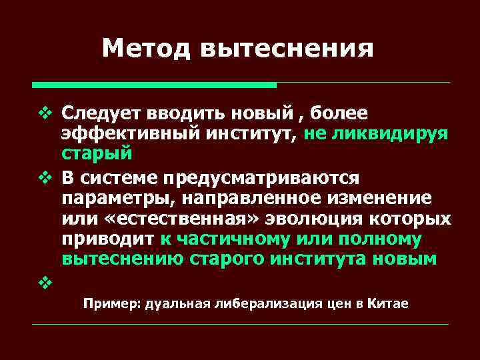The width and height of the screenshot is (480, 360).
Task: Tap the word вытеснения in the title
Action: (286, 47)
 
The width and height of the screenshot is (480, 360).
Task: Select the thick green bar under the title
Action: (154, 85)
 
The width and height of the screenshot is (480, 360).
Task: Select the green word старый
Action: (97, 153)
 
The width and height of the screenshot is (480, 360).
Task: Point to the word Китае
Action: (386, 303)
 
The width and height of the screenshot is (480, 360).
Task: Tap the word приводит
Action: (107, 238)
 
